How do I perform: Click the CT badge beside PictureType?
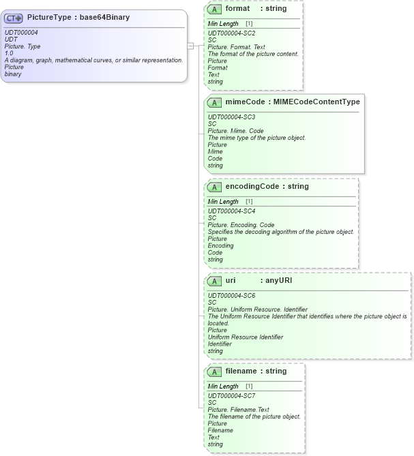(x=14, y=18)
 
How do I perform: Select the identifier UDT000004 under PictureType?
(x=22, y=33)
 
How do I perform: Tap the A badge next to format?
(x=215, y=10)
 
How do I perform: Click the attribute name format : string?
(x=256, y=9)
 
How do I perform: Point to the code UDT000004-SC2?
(x=232, y=33)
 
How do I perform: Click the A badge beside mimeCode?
(x=215, y=102)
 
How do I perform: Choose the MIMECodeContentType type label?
(x=316, y=102)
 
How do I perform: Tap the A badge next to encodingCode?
(x=215, y=187)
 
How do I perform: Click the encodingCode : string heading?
(x=267, y=186)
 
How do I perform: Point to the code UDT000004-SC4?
(x=232, y=210)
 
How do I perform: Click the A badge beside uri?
(x=215, y=280)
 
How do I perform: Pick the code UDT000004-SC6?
(x=232, y=295)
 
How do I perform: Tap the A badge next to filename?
(x=215, y=371)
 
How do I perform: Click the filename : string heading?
(x=256, y=371)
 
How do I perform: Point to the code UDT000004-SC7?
(x=232, y=395)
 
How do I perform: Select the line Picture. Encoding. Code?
(x=241, y=224)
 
